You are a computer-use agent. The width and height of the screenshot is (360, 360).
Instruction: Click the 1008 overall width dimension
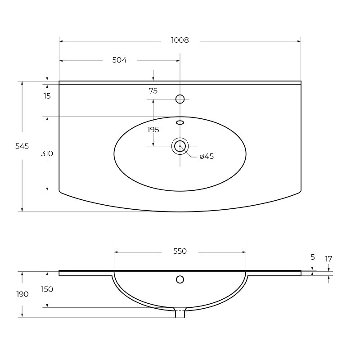[180, 40]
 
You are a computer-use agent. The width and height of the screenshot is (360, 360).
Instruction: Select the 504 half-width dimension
[119, 60]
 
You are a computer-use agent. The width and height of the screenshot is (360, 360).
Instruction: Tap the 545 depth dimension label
[22, 146]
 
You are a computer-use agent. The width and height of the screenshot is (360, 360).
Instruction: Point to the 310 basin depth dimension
[47, 153]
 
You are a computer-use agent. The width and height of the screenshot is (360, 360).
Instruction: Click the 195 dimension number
[153, 130]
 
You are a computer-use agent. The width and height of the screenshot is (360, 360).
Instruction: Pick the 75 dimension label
[153, 91]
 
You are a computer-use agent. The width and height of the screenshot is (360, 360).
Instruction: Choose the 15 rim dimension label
[47, 96]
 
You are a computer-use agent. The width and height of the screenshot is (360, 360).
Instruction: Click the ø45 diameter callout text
[207, 156]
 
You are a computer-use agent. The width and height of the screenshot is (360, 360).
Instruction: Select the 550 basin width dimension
[180, 251]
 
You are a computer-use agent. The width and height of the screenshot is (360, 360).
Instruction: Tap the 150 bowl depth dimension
[47, 289]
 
